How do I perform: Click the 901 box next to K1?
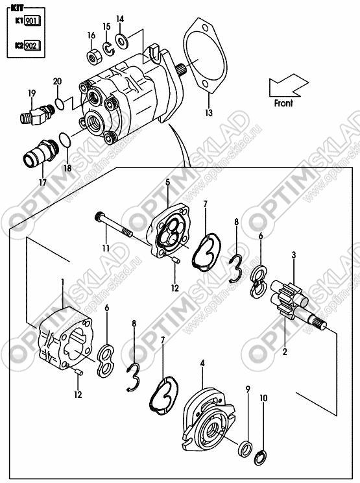click(x=32, y=21)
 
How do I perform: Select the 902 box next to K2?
click(x=32, y=45)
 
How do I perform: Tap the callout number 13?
click(x=209, y=113)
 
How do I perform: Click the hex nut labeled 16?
click(x=93, y=57)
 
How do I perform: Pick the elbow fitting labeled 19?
click(x=37, y=115)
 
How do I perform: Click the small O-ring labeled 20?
click(x=60, y=104)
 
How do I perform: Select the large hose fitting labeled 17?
click(x=41, y=153)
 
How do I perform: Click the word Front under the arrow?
click(x=283, y=103)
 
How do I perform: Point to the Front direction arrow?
click(x=289, y=84)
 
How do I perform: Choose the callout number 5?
click(x=168, y=182)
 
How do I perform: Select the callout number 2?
click(x=285, y=351)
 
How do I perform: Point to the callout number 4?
click(x=202, y=363)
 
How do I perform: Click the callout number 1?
click(x=63, y=282)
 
